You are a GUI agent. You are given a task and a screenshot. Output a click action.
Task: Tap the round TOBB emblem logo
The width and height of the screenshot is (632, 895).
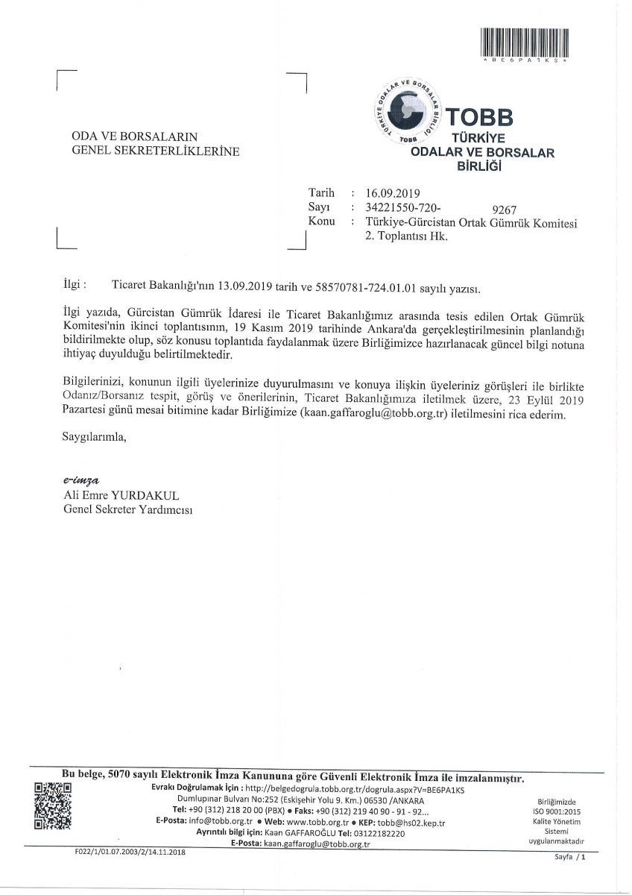click(x=408, y=110)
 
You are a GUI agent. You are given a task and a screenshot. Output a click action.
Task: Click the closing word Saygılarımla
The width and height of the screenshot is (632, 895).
click(x=94, y=437)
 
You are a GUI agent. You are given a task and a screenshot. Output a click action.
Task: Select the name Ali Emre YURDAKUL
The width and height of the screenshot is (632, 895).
click(x=122, y=495)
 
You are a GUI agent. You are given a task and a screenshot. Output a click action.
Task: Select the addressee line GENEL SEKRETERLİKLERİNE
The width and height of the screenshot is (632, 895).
click(x=155, y=151)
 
